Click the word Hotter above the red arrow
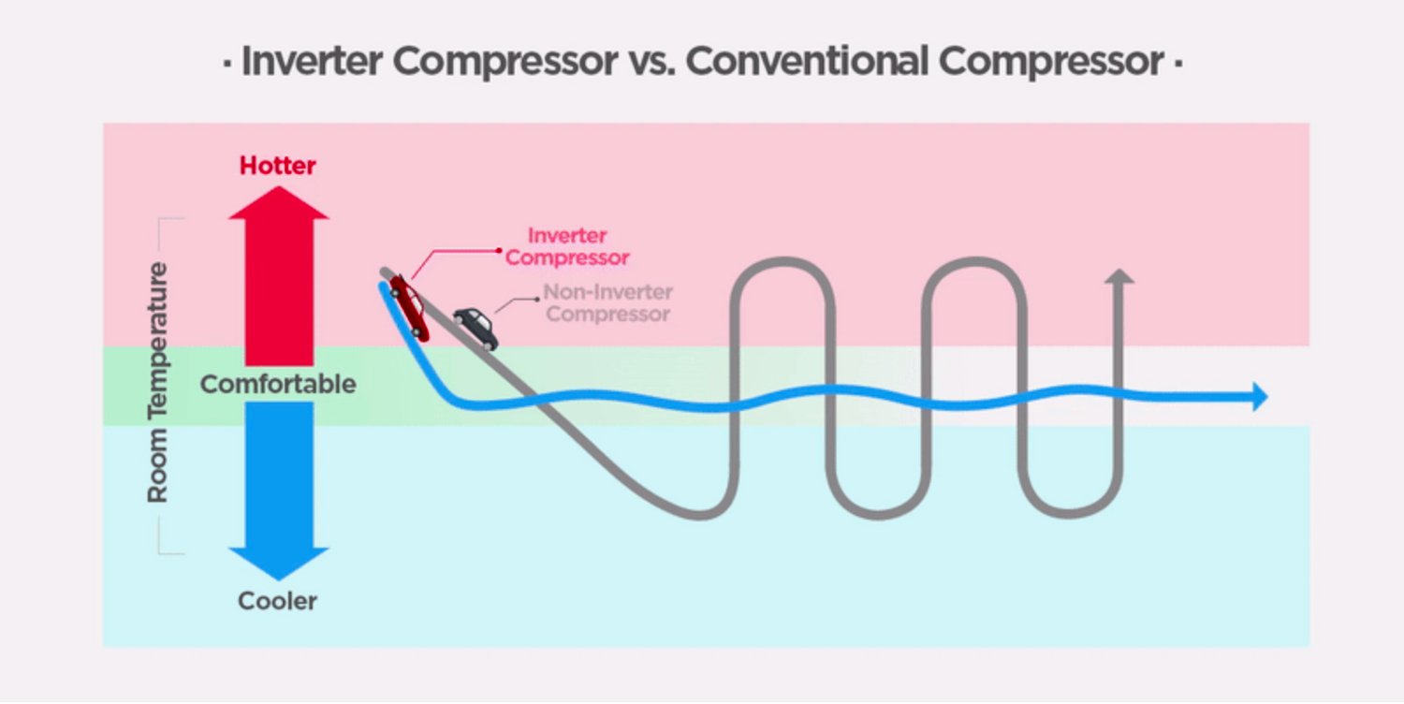pyautogui.click(x=278, y=166)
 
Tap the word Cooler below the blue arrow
pyautogui.click(x=278, y=601)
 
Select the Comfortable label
pyautogui.click(x=278, y=384)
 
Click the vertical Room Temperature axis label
pyautogui.click(x=158, y=383)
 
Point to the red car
pyautogui.click(x=409, y=307)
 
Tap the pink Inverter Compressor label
pyautogui.click(x=567, y=246)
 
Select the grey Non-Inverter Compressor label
pyautogui.click(x=607, y=303)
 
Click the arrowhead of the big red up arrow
pyautogui.click(x=279, y=203)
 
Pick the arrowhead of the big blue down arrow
pyautogui.click(x=279, y=562)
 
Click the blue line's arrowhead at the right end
pyautogui.click(x=1259, y=397)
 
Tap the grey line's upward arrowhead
pyautogui.click(x=1118, y=276)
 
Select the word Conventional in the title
pyautogui.click(x=807, y=62)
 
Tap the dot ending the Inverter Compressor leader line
pyautogui.click(x=499, y=250)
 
